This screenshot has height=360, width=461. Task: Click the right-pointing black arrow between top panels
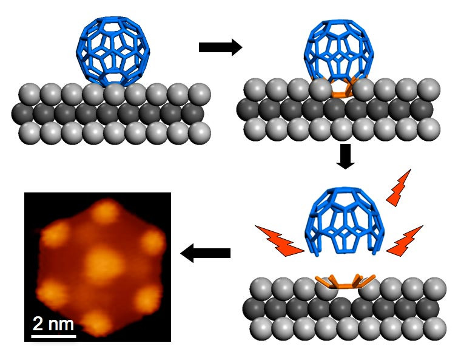[x=221, y=47]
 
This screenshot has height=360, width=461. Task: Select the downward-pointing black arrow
[x=346, y=156]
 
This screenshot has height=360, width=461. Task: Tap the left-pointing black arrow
[x=205, y=253]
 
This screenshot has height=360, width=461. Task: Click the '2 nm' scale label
[x=53, y=324]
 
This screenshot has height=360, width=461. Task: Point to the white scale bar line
[x=54, y=336]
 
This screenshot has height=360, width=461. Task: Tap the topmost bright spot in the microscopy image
[x=106, y=211]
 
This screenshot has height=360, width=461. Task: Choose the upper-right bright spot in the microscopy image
[x=152, y=241]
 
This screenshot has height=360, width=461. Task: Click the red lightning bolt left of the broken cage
[x=279, y=241]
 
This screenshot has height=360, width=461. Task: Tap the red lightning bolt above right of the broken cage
[x=399, y=188]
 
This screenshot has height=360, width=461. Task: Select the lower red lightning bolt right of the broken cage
[x=405, y=241]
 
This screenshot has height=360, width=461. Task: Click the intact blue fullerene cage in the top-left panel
[x=113, y=50]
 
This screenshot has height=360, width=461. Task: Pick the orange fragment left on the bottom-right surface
[x=345, y=282]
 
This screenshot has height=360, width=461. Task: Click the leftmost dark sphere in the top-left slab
[x=22, y=114]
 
